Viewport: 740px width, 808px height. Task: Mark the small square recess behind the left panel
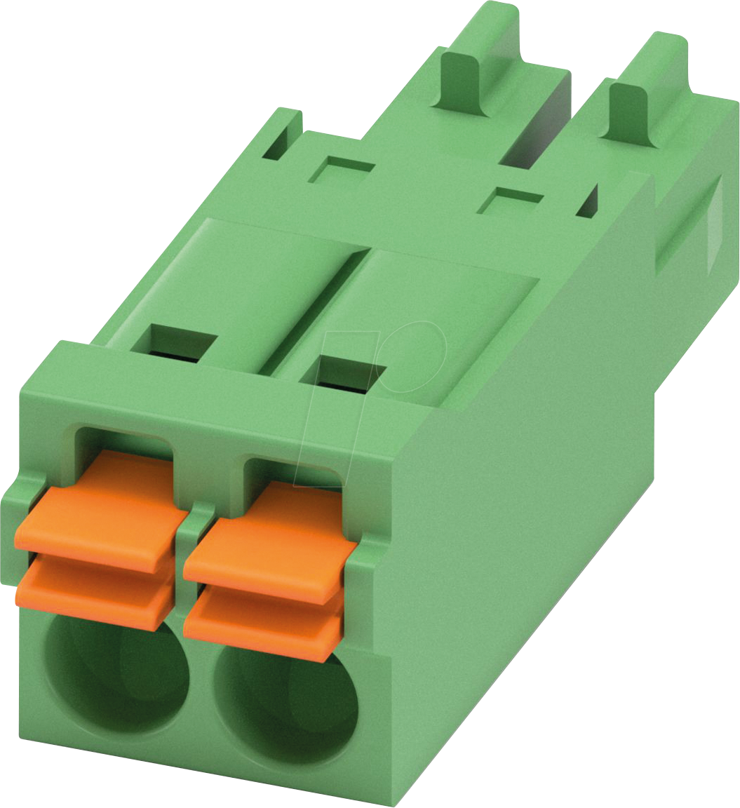[341, 168]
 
